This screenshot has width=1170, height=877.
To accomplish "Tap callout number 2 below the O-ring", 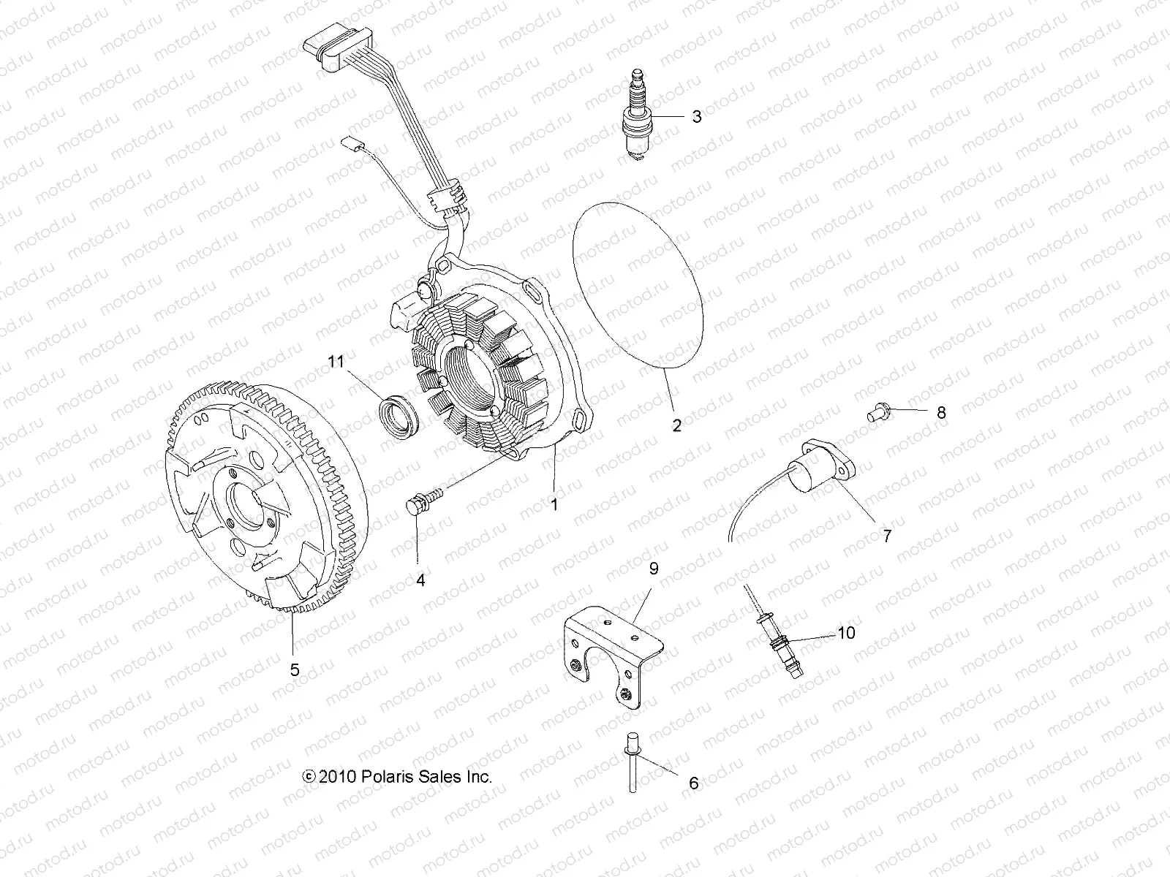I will [x=676, y=425].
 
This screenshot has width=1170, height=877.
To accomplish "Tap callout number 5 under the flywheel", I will [x=295, y=669].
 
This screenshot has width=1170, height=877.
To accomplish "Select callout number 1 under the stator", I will [x=554, y=504].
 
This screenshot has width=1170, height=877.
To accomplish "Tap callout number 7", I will [x=887, y=536].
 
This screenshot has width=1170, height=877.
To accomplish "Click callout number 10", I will [x=845, y=633].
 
